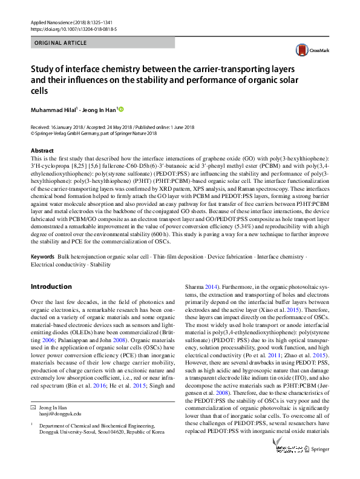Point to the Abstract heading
pyautogui.click(x=42, y=150)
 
